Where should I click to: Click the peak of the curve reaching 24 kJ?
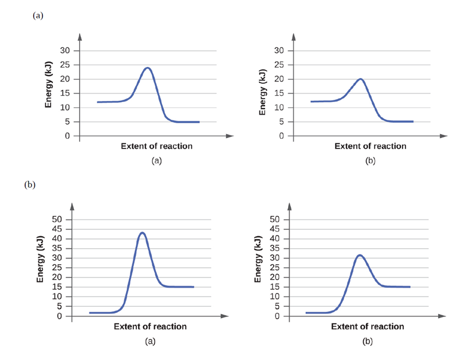click(148, 68)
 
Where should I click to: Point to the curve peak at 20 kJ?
click(360, 79)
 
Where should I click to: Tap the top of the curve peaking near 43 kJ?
click(142, 233)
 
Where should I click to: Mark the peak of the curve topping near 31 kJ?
click(359, 255)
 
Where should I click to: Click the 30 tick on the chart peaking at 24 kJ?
click(65, 51)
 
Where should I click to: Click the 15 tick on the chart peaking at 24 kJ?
click(65, 93)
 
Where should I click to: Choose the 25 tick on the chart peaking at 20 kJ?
click(279, 65)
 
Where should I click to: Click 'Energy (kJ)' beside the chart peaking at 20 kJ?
click(263, 92)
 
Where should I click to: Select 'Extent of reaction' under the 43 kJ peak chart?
click(150, 327)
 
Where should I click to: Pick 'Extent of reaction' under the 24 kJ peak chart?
click(156, 146)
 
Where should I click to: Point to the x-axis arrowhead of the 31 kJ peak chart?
click(442, 316)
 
